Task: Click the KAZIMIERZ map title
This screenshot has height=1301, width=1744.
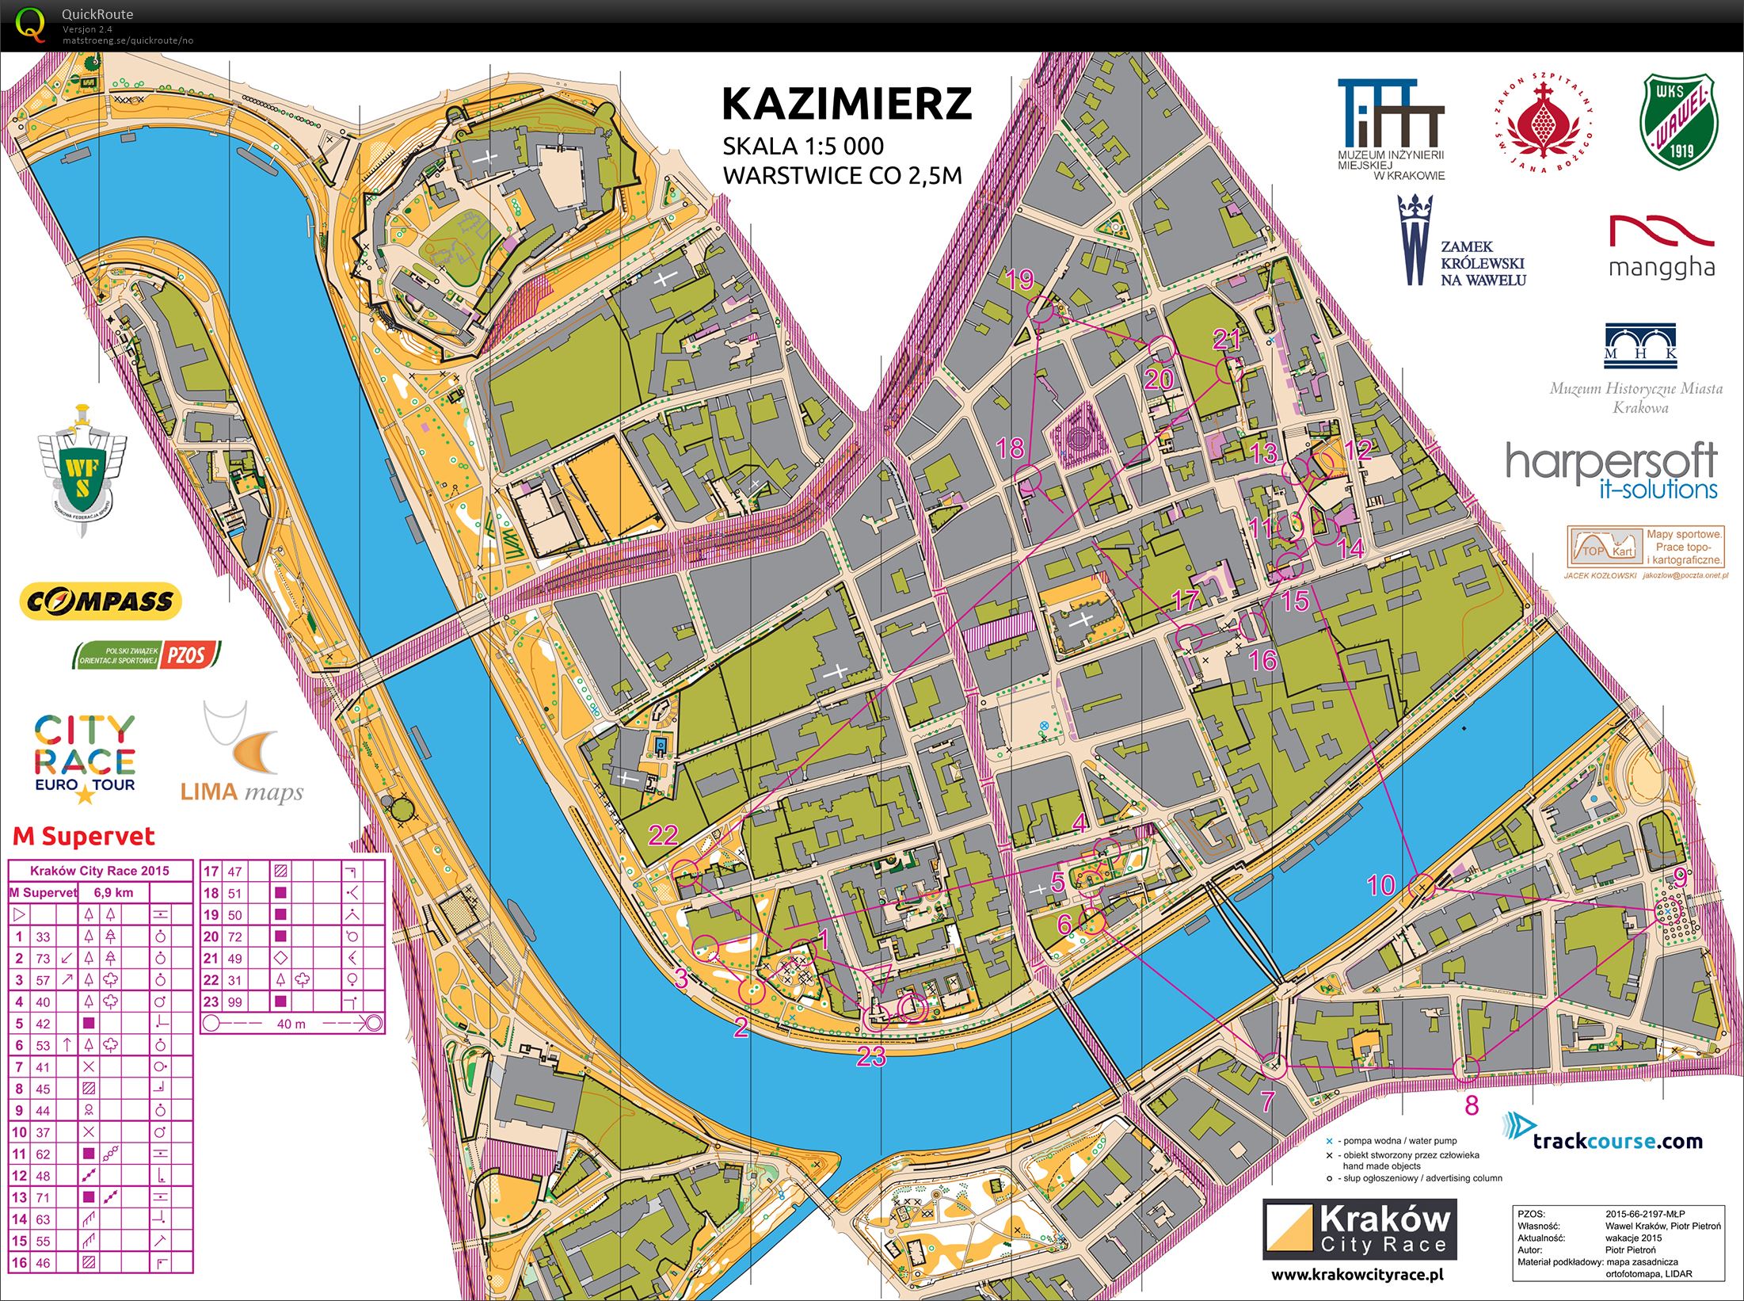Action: [846, 104]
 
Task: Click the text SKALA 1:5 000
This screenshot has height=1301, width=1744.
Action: [802, 147]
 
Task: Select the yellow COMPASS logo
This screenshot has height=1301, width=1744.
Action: [101, 601]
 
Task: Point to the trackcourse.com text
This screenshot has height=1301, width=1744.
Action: [1616, 1141]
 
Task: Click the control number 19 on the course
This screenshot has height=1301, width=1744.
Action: [1019, 279]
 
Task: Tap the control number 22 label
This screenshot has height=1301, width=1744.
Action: [663, 835]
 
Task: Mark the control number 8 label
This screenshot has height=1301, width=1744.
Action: [1472, 1105]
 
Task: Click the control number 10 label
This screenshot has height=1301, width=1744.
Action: [1381, 885]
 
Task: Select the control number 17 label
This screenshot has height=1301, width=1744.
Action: [1185, 600]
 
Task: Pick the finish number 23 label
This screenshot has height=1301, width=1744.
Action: [871, 1056]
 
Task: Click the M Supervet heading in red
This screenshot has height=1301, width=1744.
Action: [83, 837]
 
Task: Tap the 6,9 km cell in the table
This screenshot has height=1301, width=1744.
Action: [113, 893]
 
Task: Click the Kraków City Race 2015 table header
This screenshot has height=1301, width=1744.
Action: [100, 871]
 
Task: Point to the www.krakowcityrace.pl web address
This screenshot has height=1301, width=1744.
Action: [1357, 1275]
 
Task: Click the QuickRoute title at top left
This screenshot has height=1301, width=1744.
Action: [97, 14]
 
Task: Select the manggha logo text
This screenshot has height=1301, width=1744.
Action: [1662, 267]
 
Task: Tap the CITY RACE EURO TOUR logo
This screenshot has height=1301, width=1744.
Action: [85, 757]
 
